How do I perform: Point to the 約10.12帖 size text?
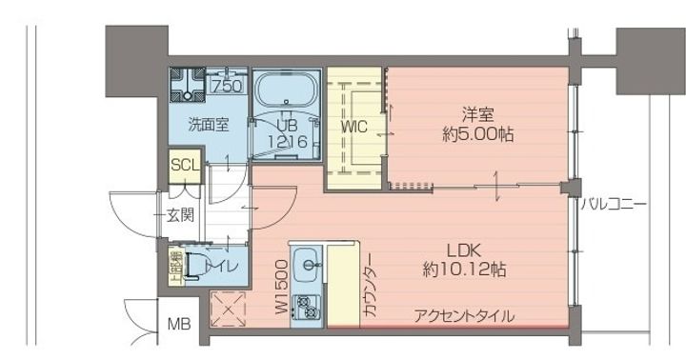464,270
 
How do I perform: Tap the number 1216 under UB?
287,141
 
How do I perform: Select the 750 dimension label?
228,87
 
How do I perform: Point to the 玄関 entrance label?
181,215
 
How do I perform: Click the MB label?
179,325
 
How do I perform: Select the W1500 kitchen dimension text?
281,287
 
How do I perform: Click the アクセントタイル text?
464,315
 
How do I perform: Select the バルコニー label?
615,204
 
